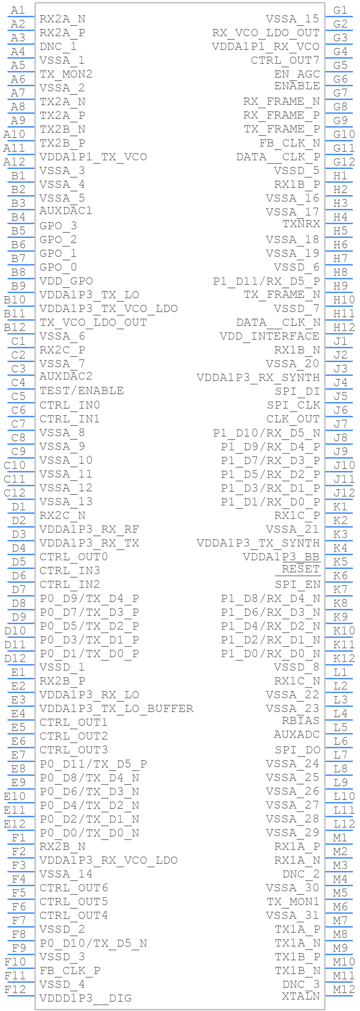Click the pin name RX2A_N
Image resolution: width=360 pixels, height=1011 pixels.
(x=62, y=19)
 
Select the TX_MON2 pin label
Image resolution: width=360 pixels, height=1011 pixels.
(x=66, y=74)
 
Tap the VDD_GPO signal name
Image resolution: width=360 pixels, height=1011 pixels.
(x=66, y=281)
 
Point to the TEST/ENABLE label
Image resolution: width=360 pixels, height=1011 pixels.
(x=81, y=391)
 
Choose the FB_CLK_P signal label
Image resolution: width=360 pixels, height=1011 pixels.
(x=70, y=970)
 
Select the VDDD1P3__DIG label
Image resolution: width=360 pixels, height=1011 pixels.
(x=85, y=998)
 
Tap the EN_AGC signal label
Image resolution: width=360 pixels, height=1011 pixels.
(x=297, y=74)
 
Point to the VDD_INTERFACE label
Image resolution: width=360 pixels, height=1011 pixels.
(x=269, y=336)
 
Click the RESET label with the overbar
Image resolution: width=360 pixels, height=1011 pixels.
(x=300, y=569)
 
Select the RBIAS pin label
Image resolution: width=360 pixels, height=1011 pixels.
(x=300, y=721)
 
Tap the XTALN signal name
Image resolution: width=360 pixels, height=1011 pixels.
(x=300, y=996)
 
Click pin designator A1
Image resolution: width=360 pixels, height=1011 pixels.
(x=18, y=10)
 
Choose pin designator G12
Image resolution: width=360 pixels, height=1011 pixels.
(x=343, y=162)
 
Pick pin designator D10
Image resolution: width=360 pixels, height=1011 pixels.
(x=15, y=631)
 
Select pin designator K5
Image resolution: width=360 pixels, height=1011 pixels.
(x=340, y=562)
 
